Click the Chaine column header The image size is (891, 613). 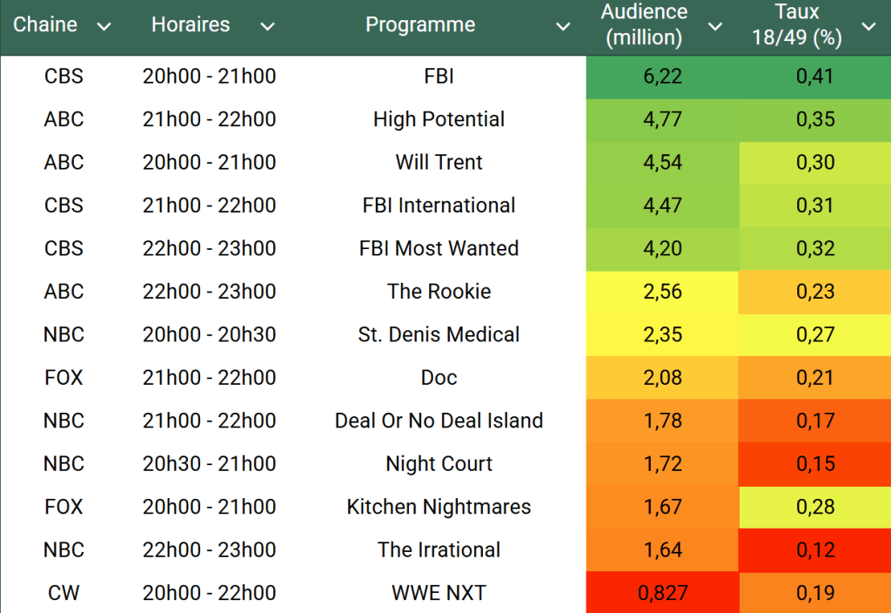coord(45,25)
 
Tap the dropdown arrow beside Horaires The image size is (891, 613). coord(267,27)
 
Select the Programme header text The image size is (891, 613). coord(420,25)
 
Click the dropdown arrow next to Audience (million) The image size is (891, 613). coord(715,27)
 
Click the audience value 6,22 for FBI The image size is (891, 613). coord(662,77)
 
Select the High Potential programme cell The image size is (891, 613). coord(439,119)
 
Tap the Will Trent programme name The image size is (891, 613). coord(439,163)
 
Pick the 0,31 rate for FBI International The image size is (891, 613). coord(814,205)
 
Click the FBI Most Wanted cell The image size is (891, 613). coord(439,248)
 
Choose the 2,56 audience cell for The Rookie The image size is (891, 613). coord(662,292)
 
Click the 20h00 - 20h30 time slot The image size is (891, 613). coord(209,334)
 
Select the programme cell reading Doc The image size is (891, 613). coord(439,378)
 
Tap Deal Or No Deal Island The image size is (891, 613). coord(439,421)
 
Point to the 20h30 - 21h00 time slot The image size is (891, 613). coord(209,464)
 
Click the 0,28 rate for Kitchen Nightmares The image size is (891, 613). coord(814,507)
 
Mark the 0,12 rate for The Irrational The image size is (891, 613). coord(814,550)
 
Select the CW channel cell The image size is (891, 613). coord(64,593)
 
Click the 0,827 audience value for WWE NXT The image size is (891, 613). coord(662,593)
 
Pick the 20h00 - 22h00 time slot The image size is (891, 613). coord(209,593)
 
